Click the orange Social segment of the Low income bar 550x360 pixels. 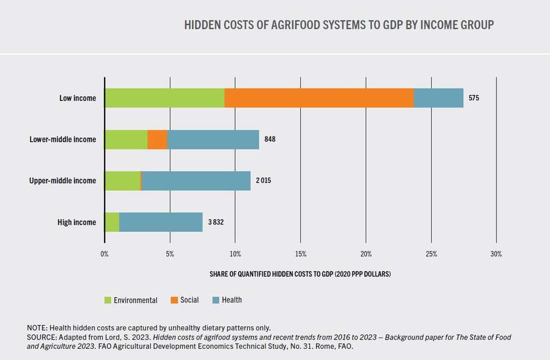(x=319, y=98)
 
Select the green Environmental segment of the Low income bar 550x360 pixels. (x=165, y=98)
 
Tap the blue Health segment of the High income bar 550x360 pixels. (x=161, y=222)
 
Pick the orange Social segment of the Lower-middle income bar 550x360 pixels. (x=157, y=140)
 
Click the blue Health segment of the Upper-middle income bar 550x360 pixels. (x=196, y=181)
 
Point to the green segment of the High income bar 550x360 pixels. (x=112, y=222)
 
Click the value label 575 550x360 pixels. (x=474, y=98)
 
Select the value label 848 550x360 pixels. (x=269, y=140)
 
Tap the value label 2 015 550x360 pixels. (x=264, y=181)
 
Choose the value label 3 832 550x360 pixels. (x=216, y=222)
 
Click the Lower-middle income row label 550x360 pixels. (x=63, y=140)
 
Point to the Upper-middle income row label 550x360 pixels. (x=63, y=181)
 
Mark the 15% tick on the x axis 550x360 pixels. (x=300, y=254)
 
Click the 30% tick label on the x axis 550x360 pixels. (x=496, y=254)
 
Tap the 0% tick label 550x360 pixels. (x=104, y=254)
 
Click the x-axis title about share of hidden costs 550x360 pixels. (x=300, y=274)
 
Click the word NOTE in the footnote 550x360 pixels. (x=38, y=327)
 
